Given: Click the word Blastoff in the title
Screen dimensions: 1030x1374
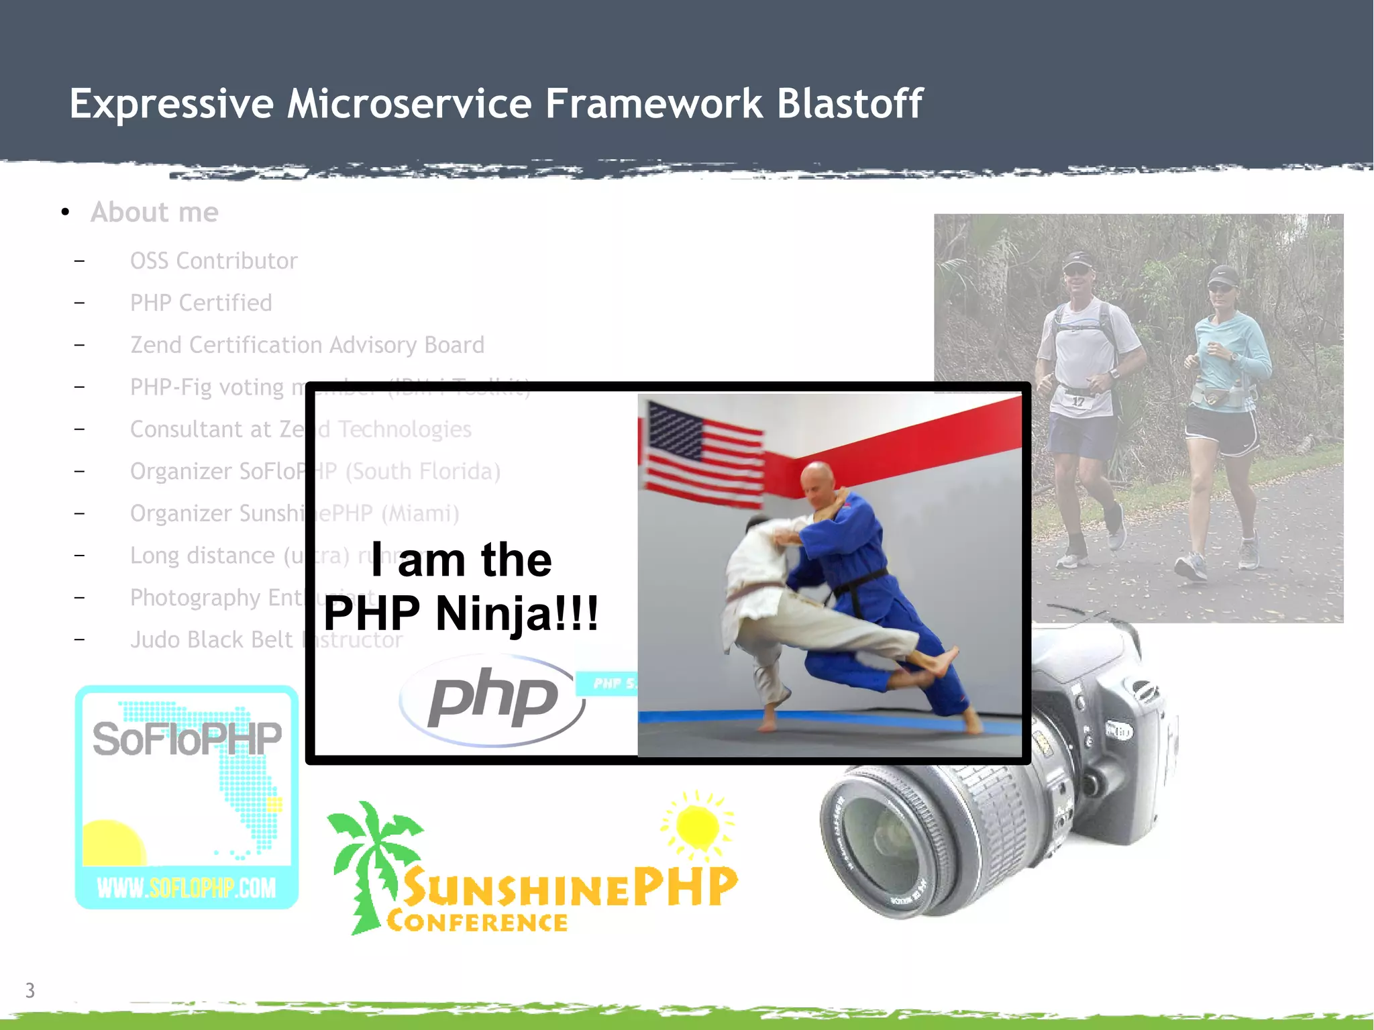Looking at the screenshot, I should (849, 104).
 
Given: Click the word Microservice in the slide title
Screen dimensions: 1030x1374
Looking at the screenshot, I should (409, 104).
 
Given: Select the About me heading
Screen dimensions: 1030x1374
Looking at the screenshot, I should (154, 212).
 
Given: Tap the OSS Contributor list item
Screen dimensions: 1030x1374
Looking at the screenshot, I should (213, 261).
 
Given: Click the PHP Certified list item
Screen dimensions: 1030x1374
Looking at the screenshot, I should (201, 303).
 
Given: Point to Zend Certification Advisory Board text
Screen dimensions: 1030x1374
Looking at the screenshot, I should (307, 345).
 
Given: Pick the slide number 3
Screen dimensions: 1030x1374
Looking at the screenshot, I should (30, 990).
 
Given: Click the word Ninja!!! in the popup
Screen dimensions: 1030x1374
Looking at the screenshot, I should (517, 613).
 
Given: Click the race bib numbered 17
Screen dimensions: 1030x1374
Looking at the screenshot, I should (1078, 401).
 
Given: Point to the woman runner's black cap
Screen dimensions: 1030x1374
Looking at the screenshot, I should (1223, 274).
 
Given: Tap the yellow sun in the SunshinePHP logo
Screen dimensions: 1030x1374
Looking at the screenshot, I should (698, 825).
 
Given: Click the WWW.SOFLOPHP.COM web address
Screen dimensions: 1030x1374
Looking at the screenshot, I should (186, 888).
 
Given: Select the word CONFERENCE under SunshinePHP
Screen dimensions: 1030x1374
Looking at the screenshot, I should (477, 922).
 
